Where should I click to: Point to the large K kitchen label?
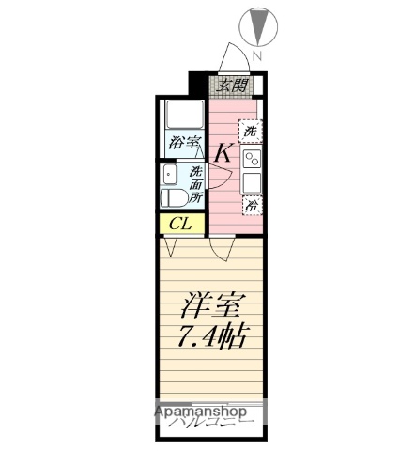225,151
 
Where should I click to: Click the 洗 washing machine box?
251,132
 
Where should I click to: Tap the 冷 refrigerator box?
252,204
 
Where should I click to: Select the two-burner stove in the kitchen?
252,158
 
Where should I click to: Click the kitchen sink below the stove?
252,181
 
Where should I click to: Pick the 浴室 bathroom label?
184,144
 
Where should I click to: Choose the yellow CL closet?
181,223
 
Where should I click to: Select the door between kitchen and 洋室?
223,248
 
